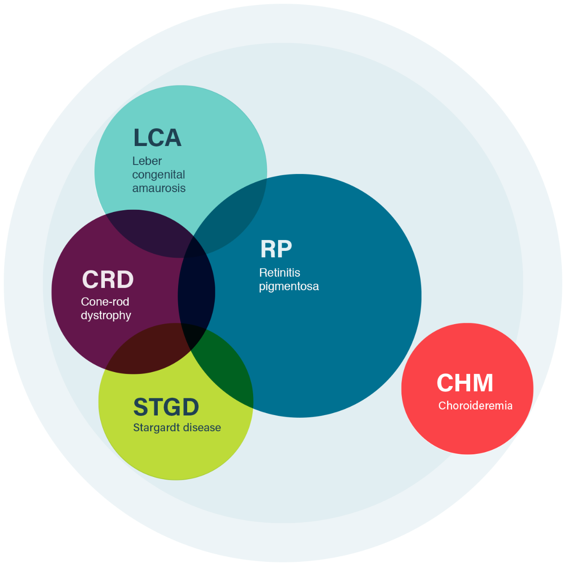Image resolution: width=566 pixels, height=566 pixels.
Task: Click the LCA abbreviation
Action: click(157, 138)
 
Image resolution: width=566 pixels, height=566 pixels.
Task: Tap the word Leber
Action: click(147, 161)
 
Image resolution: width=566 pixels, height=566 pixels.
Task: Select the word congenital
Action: click(159, 175)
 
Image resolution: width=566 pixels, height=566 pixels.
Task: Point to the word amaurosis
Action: click(159, 188)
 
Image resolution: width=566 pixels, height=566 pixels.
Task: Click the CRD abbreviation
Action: click(108, 279)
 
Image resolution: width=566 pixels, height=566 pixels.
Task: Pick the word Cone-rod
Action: click(105, 302)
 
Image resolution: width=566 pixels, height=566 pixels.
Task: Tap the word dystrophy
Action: click(106, 315)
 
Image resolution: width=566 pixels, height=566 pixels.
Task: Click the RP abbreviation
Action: click(276, 249)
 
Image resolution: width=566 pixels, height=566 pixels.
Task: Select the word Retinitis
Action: click(279, 273)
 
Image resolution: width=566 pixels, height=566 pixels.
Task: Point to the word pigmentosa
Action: click(289, 286)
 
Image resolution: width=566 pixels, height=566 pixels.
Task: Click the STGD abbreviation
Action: click(166, 407)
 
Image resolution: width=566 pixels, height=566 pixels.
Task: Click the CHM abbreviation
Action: click(465, 383)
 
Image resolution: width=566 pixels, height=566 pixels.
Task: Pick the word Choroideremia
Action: click(475, 406)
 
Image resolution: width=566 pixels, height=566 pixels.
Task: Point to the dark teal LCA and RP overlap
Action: click(235, 212)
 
